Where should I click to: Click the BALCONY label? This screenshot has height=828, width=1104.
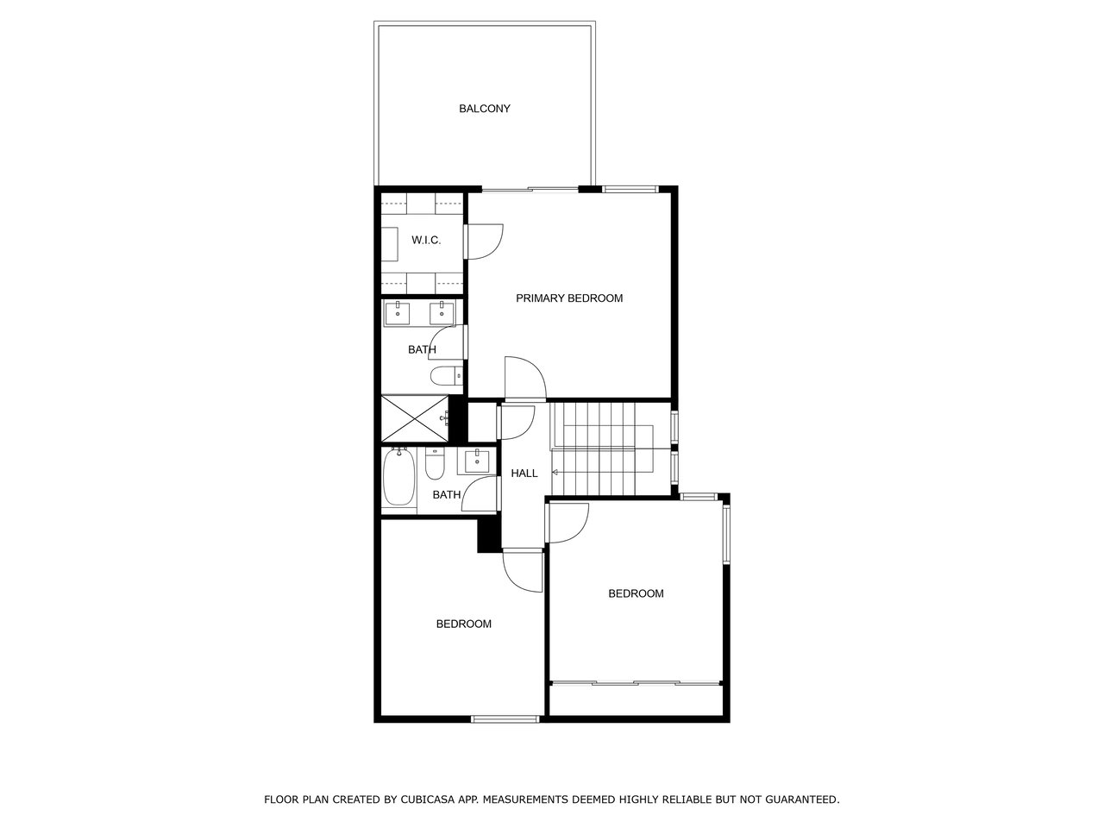pyautogui.click(x=485, y=109)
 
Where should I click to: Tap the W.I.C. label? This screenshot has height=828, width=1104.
pyautogui.click(x=426, y=241)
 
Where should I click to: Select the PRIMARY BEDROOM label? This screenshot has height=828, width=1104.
pyautogui.click(x=569, y=298)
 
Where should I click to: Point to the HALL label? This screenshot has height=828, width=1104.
pyautogui.click(x=524, y=473)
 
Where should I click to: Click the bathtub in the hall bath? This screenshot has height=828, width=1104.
pyautogui.click(x=399, y=477)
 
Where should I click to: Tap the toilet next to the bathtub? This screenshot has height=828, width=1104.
pyautogui.click(x=435, y=464)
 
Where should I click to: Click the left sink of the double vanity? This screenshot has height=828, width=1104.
pyautogui.click(x=398, y=313)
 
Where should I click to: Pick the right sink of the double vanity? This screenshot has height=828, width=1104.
pyautogui.click(x=442, y=313)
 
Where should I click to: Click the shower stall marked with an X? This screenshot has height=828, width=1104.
pyautogui.click(x=415, y=419)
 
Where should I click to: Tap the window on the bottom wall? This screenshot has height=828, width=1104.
pyautogui.click(x=505, y=719)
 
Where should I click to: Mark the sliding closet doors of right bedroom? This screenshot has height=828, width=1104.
pyautogui.click(x=636, y=683)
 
